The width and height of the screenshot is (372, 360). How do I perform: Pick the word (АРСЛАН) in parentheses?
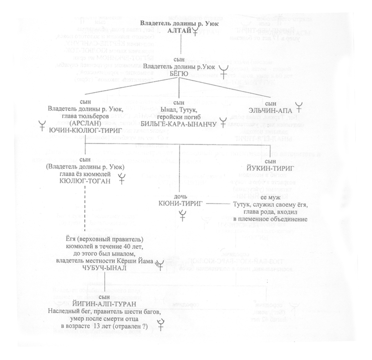tap(85, 124)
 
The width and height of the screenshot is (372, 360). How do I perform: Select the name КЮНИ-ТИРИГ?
tap(182, 203)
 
